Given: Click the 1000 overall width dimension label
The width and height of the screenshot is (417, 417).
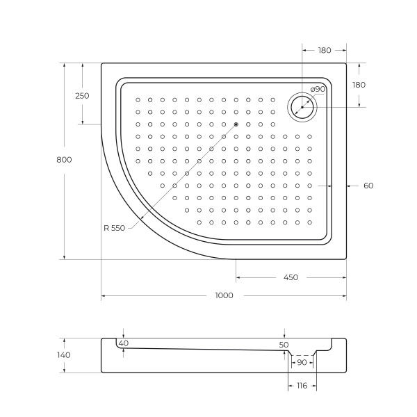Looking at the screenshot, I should coord(224,295).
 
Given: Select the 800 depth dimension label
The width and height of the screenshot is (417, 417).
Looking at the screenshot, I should coord(64,160).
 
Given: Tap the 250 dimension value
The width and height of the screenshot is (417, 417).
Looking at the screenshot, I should coord(82,96).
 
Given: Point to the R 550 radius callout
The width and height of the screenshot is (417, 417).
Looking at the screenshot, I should coord(114,229).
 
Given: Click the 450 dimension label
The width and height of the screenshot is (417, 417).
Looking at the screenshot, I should coord(291,277).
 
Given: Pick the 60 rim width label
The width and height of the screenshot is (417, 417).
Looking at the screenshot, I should coord(368,186).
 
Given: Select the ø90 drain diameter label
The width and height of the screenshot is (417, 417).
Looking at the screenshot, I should coord(318,89).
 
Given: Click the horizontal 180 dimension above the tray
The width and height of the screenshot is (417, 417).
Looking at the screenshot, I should coord(325,50).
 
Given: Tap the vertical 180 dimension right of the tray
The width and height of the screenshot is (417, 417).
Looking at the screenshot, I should coord(359,85).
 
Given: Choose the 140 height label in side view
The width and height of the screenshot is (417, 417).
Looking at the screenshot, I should coord(64,354).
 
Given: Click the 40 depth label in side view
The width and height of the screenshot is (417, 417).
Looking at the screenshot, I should coord(124,343).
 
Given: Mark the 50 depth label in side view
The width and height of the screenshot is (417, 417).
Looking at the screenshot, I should coord(284,345).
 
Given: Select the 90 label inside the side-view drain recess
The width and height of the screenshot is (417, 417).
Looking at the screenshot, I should coord(302,363).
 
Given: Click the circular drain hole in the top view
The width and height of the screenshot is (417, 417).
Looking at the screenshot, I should coord(302,107).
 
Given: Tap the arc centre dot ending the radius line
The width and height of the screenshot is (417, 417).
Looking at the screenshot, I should coord(236,124).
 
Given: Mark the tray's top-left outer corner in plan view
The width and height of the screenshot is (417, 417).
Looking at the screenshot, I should coord(102,64).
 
